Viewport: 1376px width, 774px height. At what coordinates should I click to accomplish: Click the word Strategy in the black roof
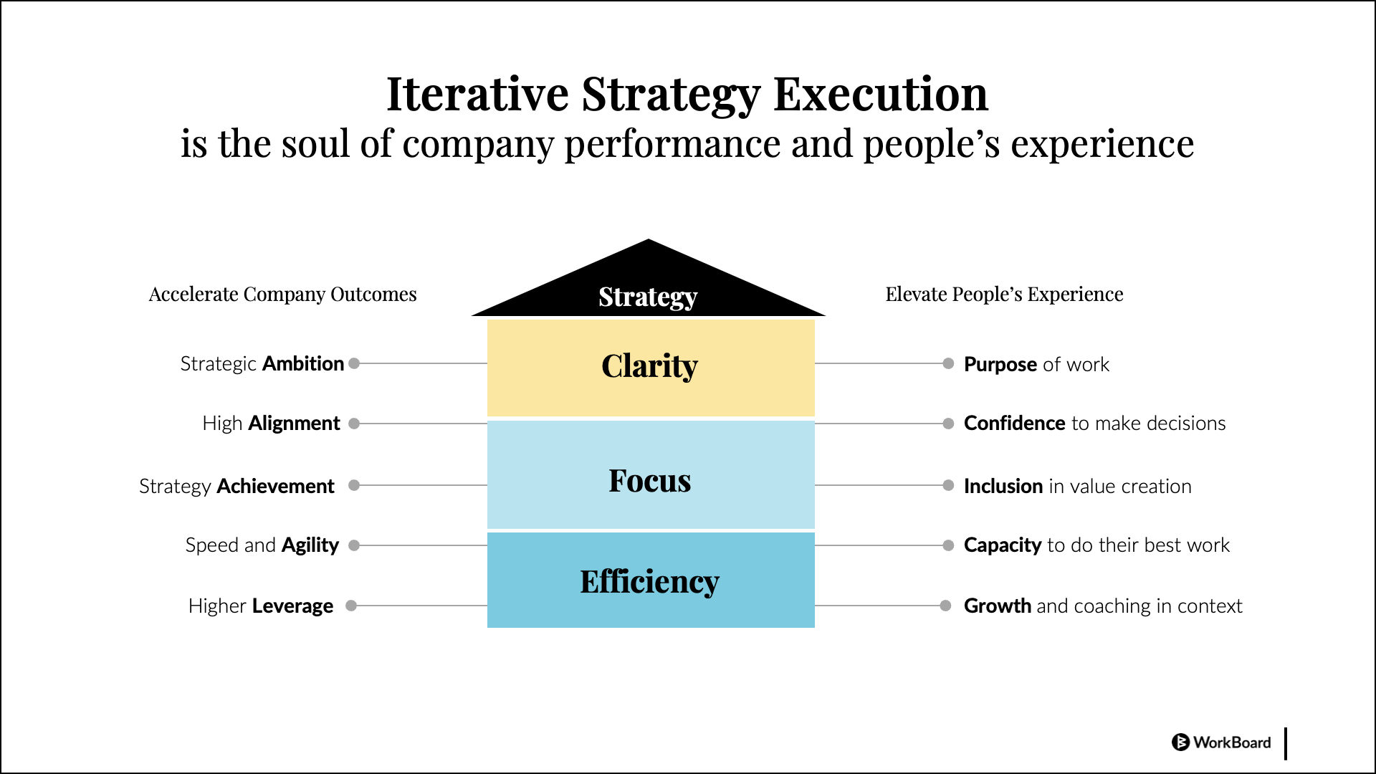point(648,297)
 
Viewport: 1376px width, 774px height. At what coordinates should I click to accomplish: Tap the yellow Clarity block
point(651,368)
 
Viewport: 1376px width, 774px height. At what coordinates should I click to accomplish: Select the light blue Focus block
point(651,474)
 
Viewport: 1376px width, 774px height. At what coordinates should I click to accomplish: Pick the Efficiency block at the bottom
point(651,580)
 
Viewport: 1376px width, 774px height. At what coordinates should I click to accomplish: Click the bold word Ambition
point(303,363)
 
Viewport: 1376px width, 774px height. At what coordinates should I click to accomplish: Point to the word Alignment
point(294,424)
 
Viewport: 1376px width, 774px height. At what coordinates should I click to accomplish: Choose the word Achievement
point(275,486)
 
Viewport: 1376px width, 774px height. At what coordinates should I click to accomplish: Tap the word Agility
point(310,545)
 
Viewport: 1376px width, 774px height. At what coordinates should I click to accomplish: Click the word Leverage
point(292,606)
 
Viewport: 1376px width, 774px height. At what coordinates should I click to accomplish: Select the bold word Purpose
point(1000,365)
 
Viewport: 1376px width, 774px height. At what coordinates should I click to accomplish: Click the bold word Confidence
point(1015,423)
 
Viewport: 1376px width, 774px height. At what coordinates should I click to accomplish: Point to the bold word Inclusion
point(1003,486)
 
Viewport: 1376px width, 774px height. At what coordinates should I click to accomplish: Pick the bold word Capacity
point(1003,545)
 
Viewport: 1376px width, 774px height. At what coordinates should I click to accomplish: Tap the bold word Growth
point(998,606)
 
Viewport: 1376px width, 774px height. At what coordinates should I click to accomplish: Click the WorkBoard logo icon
point(1180,742)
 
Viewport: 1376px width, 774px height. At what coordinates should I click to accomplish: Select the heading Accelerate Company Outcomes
point(282,295)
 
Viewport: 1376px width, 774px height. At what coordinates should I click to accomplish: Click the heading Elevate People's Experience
point(1004,295)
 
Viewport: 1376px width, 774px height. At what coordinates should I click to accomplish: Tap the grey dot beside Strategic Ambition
point(354,363)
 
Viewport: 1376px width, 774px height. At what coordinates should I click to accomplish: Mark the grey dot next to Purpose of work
point(948,363)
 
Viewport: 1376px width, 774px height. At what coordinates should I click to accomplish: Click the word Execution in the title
point(881,95)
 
